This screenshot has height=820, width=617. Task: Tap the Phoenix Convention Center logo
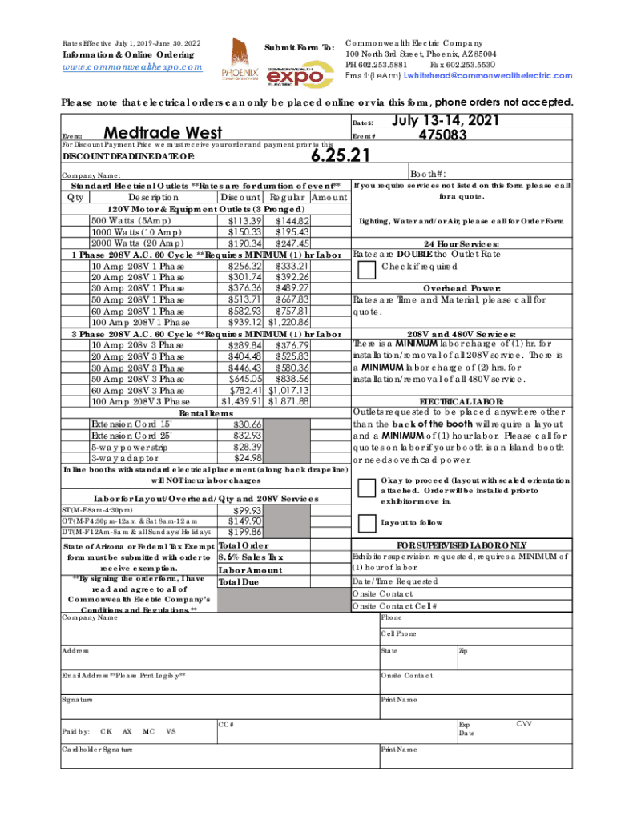click(240, 59)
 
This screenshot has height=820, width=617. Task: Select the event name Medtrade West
click(163, 132)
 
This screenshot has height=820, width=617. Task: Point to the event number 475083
click(442, 135)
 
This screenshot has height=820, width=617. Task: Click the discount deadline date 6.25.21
click(341, 155)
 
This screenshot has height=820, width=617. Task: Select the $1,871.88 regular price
click(288, 401)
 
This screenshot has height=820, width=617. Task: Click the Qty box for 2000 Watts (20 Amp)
click(78, 243)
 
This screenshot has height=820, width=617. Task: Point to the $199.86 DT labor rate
click(246, 532)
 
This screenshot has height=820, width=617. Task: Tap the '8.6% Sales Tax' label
click(251, 557)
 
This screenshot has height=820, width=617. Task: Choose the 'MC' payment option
click(148, 731)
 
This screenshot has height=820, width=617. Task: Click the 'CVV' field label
click(524, 724)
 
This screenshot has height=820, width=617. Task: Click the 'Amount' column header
click(329, 198)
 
